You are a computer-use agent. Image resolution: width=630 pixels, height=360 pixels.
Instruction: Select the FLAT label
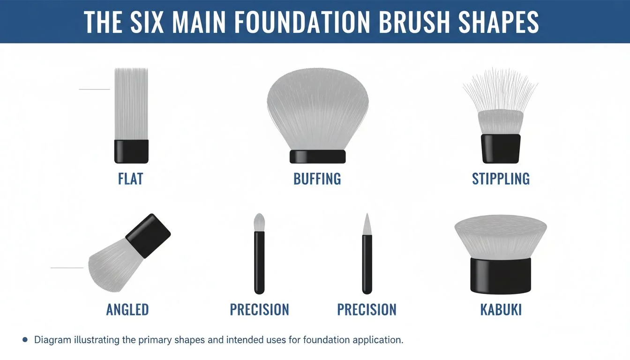130,179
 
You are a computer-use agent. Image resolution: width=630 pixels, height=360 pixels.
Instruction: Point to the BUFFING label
317,179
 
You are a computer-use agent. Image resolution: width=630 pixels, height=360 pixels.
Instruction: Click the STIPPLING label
501,179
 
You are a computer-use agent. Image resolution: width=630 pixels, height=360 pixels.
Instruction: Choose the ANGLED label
127,309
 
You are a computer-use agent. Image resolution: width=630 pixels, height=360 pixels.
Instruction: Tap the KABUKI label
501,309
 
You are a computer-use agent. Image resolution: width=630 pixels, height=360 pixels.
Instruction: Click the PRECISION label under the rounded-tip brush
259,309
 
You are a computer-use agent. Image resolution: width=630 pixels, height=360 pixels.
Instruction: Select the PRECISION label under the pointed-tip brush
367,309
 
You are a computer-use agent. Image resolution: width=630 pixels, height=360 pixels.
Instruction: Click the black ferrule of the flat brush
131,151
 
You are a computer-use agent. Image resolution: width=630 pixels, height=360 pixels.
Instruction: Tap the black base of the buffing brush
317,157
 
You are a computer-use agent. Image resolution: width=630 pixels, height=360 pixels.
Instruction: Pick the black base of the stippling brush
501,148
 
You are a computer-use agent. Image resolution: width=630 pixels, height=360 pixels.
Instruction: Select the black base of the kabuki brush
501,275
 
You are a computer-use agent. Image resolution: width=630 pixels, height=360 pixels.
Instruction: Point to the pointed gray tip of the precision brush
367,224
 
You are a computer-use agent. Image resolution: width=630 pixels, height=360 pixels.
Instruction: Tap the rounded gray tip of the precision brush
259,222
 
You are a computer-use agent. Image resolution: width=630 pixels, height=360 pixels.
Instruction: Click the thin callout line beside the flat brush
94,89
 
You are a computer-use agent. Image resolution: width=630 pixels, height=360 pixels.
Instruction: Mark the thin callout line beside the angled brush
67,268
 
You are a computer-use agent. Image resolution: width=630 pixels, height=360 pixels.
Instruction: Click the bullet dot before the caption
25,340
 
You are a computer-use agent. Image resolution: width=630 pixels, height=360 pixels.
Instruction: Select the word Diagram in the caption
52,340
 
